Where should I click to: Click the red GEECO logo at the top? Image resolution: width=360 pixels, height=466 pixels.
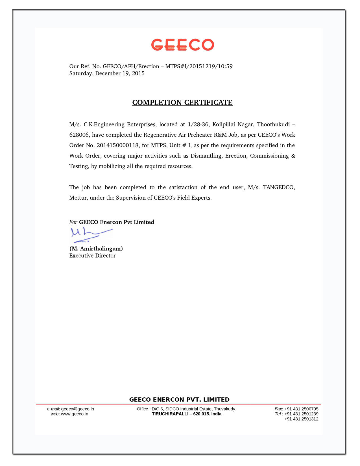pyautogui.click(x=182, y=45)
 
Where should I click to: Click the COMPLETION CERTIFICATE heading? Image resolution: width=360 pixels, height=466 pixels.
pyautogui.click(x=182, y=103)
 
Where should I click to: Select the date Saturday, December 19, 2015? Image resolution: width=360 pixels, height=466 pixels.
pyautogui.click(x=107, y=73)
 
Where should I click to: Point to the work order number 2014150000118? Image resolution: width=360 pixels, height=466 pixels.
pyautogui.click(x=118, y=145)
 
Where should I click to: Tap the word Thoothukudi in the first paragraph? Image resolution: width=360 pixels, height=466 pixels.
pyautogui.click(x=273, y=125)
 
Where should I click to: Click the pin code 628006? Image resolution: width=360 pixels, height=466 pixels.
pyautogui.click(x=79, y=135)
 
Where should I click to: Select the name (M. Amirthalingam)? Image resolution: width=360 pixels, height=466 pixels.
pyautogui.click(x=96, y=249)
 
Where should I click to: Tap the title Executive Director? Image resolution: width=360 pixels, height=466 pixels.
pyautogui.click(x=92, y=256)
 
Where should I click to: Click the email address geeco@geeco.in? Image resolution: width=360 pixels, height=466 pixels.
pyautogui.click(x=78, y=409)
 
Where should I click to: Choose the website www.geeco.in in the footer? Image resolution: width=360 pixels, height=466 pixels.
pyautogui.click(x=75, y=414)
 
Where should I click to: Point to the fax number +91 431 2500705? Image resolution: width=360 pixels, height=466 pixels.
pyautogui.click(x=301, y=409)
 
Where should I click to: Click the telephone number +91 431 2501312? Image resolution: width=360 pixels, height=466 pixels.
pyautogui.click(x=301, y=419)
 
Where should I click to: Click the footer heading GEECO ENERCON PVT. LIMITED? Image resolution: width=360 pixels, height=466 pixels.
pyautogui.click(x=179, y=400)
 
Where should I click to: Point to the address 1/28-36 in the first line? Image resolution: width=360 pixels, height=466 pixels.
pyautogui.click(x=198, y=125)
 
